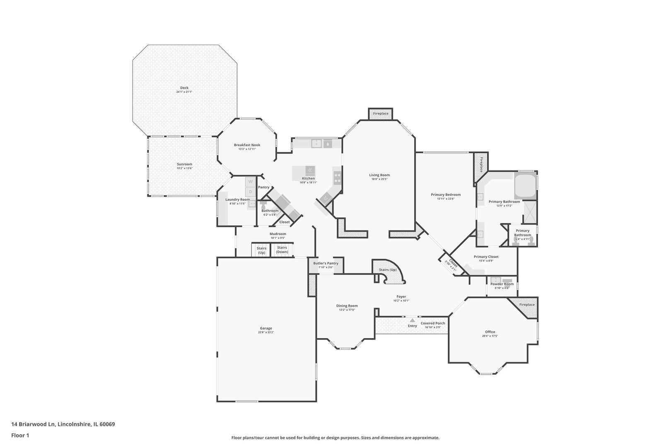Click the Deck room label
tap(184, 88)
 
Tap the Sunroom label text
tap(185, 164)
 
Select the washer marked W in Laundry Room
tap(250, 181)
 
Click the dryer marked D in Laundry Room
tap(250, 192)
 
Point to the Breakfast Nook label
tap(247, 145)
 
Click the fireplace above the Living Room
tap(381, 114)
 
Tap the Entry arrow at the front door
tap(412, 320)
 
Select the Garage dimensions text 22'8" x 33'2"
tap(266, 332)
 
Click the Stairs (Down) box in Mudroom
tap(282, 250)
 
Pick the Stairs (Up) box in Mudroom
tap(261, 250)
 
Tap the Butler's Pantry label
tap(326, 263)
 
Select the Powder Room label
tap(502, 284)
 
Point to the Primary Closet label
tap(486, 257)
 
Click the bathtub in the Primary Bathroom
tap(525, 186)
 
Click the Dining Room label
tap(347, 306)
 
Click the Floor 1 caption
tap(20, 435)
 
